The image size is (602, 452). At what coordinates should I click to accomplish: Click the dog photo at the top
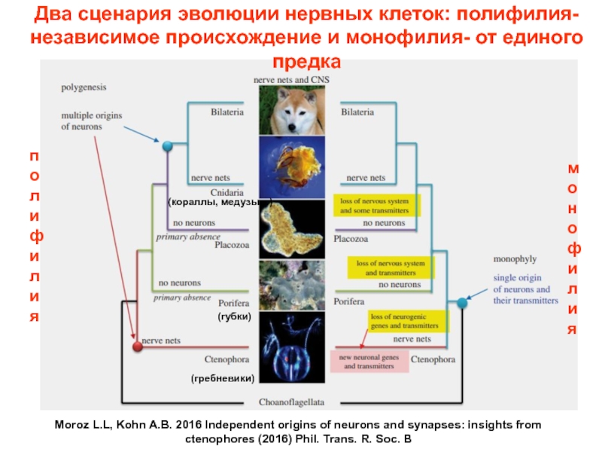click(291, 109)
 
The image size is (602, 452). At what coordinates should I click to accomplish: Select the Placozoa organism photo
click(291, 230)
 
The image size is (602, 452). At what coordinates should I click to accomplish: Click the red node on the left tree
click(137, 346)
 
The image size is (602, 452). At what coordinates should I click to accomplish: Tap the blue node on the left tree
click(168, 145)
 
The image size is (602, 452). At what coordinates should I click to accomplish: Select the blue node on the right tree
click(461, 303)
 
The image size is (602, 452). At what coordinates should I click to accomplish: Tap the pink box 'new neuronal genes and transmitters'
click(369, 361)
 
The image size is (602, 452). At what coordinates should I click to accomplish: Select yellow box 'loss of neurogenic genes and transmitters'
click(407, 322)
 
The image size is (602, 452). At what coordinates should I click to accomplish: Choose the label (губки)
click(234, 316)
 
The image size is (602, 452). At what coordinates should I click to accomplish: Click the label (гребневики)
click(223, 377)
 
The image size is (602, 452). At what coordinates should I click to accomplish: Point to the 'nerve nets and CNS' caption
click(293, 78)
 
